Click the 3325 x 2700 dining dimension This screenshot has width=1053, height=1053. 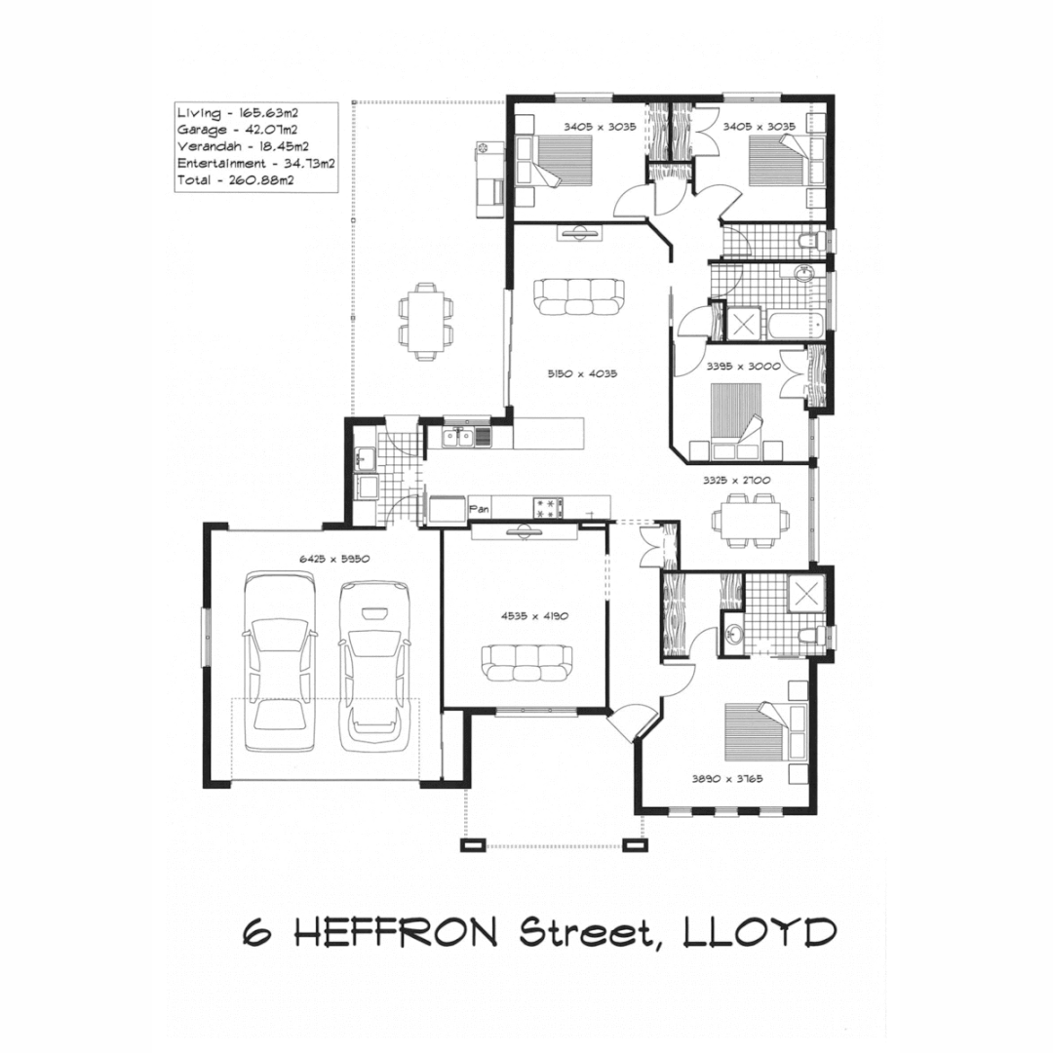tap(737, 481)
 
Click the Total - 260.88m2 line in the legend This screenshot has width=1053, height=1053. tap(236, 180)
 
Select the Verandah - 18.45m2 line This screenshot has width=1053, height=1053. tap(238, 146)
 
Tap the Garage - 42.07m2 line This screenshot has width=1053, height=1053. tap(237, 130)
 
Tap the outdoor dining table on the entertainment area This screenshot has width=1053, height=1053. tap(426, 322)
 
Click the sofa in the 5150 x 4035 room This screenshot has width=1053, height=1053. tap(579, 296)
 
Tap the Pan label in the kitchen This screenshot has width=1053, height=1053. tap(479, 508)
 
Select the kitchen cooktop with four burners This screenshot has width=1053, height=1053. tap(549, 507)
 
